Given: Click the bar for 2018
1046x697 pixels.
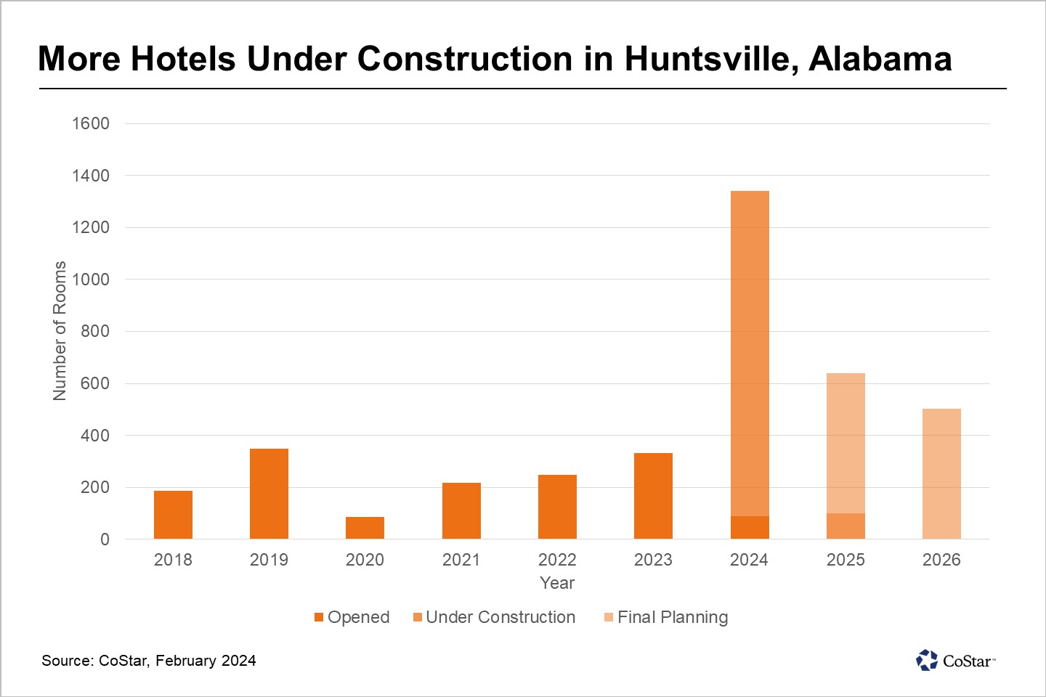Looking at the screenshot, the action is [x=173, y=515].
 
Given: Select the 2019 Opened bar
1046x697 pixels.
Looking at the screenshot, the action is [x=269, y=494].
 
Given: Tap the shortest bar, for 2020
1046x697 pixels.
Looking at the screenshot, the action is [x=365, y=528].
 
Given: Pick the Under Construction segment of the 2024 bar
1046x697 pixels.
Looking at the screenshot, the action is [x=750, y=354].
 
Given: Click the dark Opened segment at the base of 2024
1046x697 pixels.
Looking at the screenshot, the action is [x=750, y=528].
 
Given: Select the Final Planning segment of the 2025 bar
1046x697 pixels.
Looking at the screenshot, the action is [x=846, y=443].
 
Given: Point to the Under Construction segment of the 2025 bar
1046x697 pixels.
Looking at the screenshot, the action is [x=846, y=526].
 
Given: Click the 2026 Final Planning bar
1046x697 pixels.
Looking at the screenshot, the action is [x=941, y=474].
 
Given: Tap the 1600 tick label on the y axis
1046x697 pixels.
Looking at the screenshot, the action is [x=91, y=123].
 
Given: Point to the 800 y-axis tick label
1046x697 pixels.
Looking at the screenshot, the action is [x=94, y=331].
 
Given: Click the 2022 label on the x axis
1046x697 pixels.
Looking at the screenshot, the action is [x=557, y=559].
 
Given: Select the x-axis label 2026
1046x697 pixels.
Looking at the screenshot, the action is [x=941, y=559].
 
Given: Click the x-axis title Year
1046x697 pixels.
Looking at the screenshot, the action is [x=557, y=583].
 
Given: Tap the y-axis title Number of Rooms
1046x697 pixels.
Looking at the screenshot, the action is [x=60, y=331].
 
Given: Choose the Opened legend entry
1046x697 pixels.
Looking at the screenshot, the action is [x=352, y=617].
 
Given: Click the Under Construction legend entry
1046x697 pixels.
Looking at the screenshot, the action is [x=495, y=617].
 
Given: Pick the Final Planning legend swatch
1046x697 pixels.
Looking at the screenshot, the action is [x=609, y=617].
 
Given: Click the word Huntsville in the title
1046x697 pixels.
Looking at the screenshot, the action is [x=710, y=59].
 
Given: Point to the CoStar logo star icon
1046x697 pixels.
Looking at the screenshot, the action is [x=927, y=660].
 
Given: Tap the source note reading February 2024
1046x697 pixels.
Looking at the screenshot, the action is [x=206, y=661].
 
